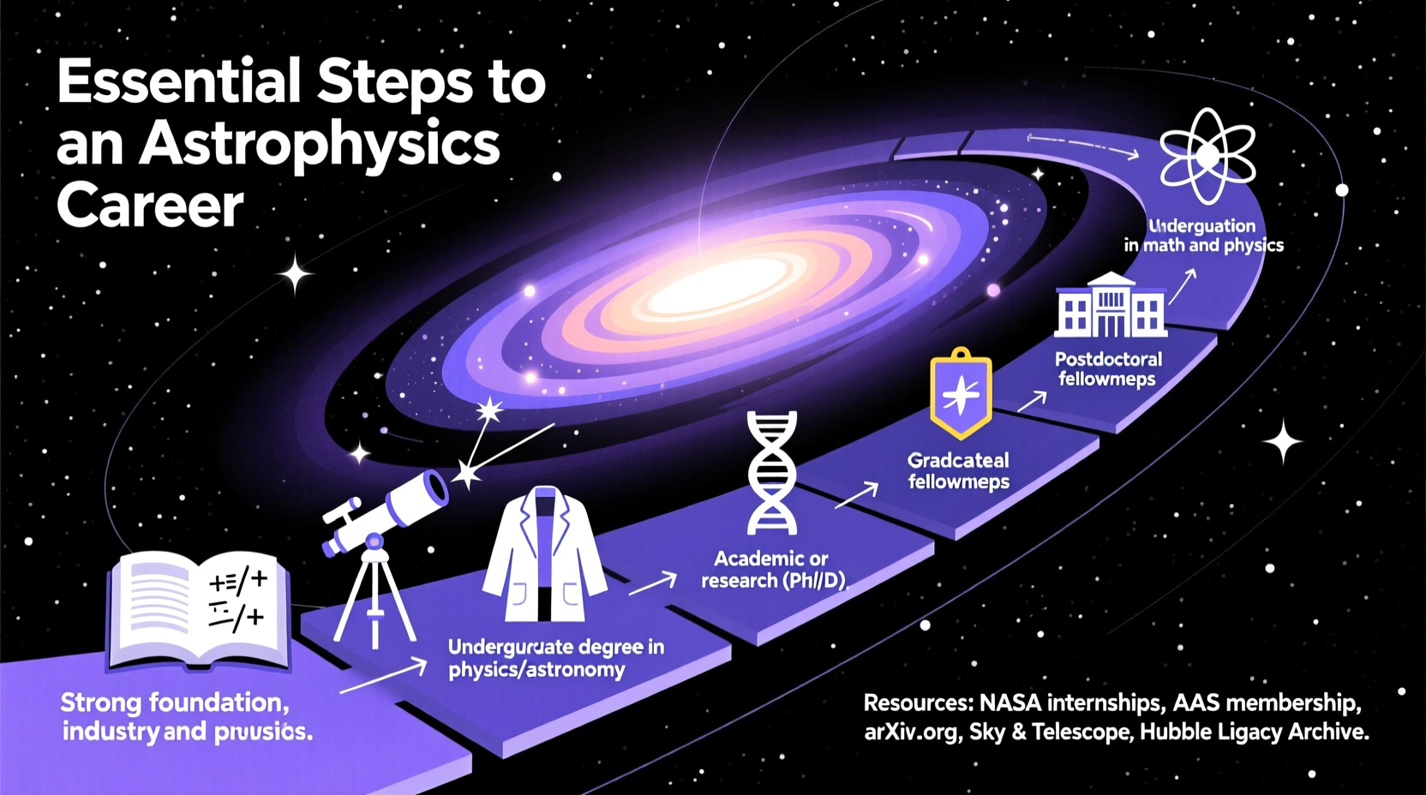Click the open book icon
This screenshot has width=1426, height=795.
(x=199, y=610)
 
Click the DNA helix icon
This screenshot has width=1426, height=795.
(x=771, y=473)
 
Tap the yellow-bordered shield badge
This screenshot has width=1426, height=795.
(x=961, y=393)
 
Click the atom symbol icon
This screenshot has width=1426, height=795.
(x=1207, y=156)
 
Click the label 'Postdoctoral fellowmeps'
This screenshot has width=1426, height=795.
(x=1108, y=369)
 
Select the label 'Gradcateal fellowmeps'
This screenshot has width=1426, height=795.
(x=958, y=471)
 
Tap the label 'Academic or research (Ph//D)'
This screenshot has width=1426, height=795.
(x=772, y=570)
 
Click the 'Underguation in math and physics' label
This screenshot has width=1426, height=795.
(x=1203, y=236)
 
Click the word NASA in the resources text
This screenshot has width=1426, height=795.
(x=1010, y=703)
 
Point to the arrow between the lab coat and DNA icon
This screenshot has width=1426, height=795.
(x=653, y=584)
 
